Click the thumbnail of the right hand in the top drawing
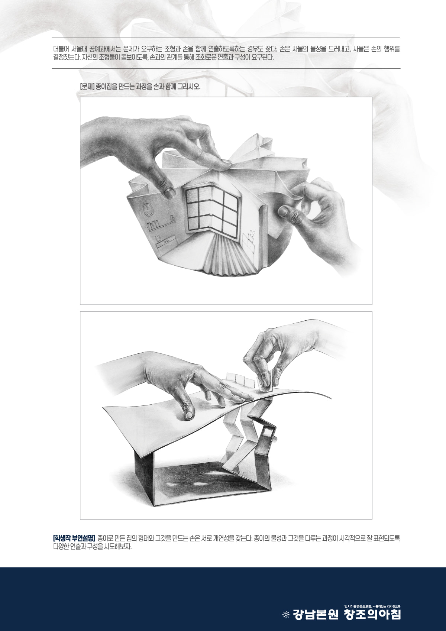282,211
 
